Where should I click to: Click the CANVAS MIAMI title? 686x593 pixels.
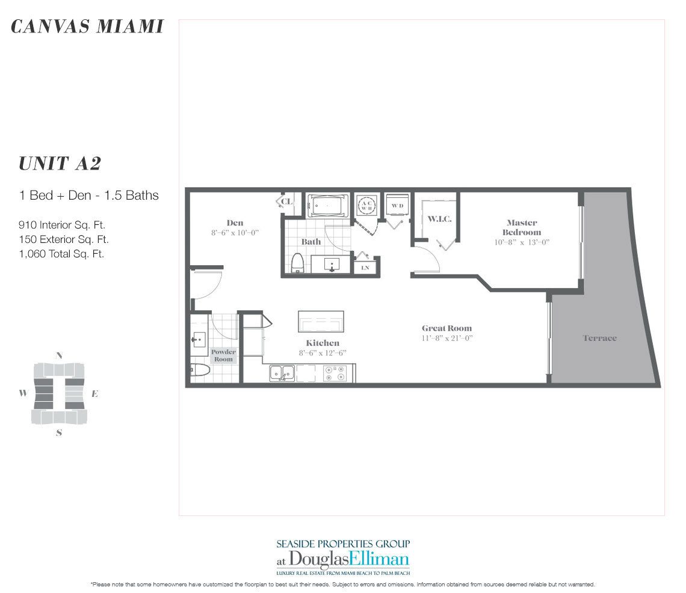87,26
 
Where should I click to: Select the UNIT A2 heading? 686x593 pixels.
59,164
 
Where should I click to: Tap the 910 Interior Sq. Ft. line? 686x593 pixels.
63,226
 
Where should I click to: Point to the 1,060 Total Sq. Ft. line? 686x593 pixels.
61,254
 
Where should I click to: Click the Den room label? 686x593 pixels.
235,223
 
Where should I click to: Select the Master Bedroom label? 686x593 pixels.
522,227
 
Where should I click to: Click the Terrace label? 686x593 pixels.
599,338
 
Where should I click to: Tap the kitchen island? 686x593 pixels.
321,322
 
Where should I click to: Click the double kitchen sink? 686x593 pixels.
282,373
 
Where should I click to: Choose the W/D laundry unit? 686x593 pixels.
397,206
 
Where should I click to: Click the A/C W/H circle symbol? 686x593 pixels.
366,205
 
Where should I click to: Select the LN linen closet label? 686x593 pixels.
365,268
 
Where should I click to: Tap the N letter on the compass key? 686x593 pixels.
58,355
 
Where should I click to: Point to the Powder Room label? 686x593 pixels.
223,355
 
